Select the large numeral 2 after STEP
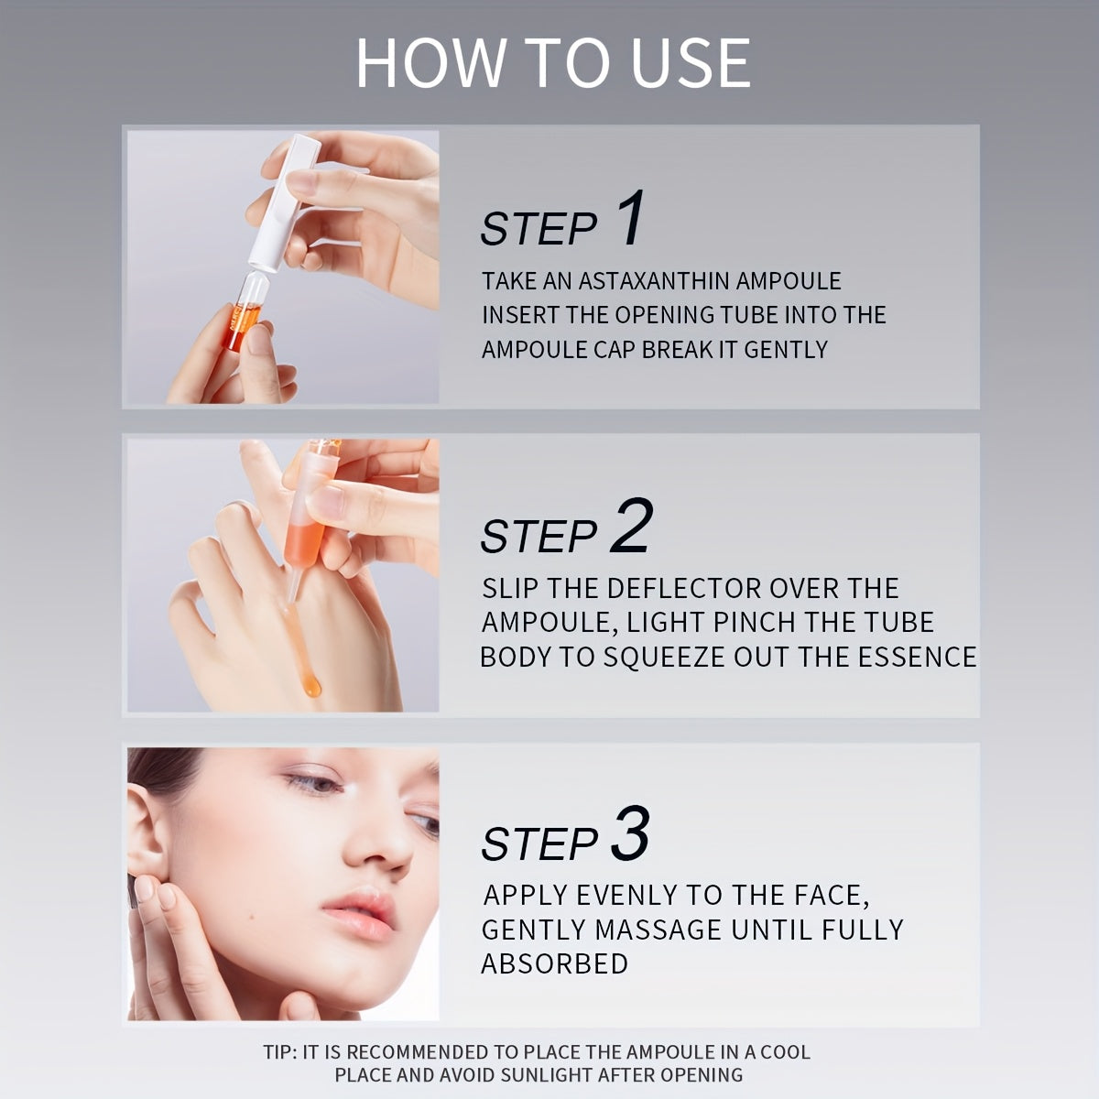631,525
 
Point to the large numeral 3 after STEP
630,832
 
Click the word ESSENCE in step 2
917,657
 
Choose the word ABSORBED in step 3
554,963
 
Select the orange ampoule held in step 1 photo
244,312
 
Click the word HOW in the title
431,63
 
